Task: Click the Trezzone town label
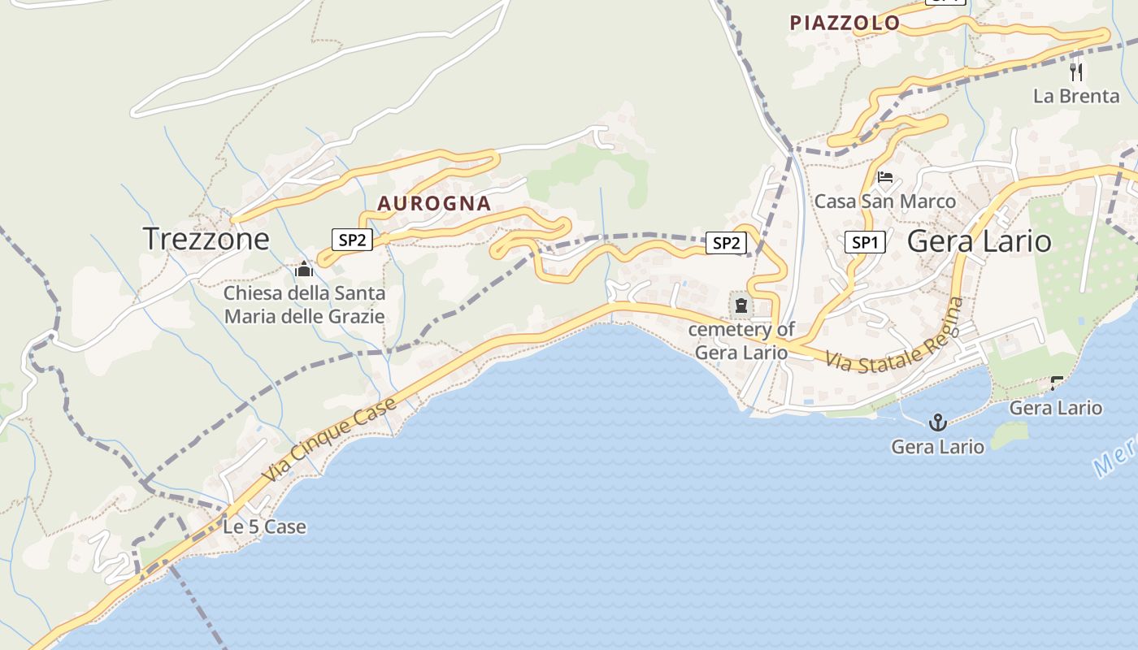206,238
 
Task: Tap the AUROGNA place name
434,203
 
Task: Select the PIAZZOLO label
845,23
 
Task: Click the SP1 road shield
864,242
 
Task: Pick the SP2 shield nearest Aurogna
352,239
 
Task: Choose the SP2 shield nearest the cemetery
726,242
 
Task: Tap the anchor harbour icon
938,422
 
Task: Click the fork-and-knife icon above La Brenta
1076,72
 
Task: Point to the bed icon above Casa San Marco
885,177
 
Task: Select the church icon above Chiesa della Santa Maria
304,269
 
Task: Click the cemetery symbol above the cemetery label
741,306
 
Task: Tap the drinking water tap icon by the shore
1057,382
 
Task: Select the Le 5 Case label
264,526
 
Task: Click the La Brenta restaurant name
1076,96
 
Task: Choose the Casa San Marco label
885,201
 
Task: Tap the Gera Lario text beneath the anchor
937,446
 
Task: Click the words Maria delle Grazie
304,316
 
